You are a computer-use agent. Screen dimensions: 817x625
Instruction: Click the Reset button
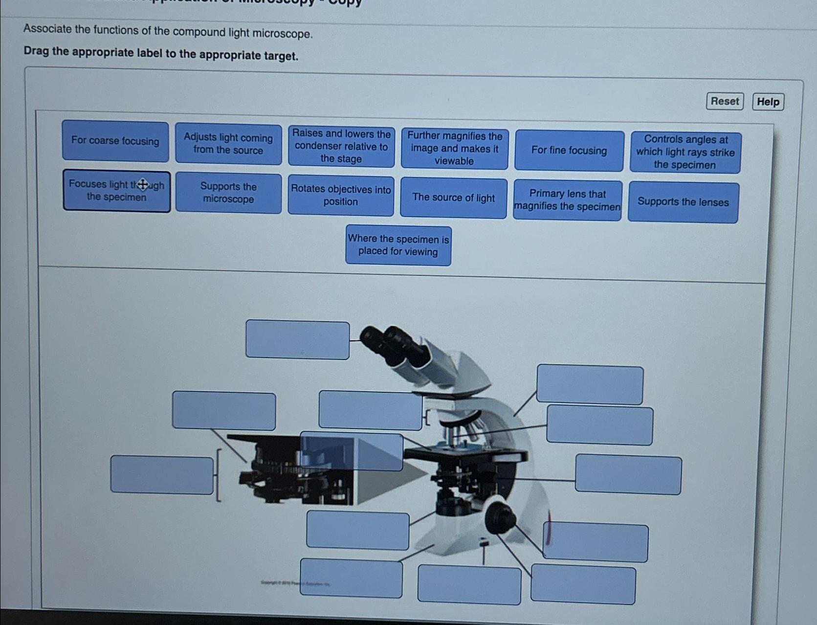[x=725, y=101]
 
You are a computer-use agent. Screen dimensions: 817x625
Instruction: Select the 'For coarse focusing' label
[x=115, y=141]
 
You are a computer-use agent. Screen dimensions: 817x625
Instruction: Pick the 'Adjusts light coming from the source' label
[x=228, y=144]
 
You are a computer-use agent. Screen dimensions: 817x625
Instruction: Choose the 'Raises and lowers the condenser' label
[x=341, y=146]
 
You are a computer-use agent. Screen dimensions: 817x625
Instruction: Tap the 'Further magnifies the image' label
[x=455, y=148]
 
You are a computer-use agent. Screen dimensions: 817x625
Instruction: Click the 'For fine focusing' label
[x=569, y=151]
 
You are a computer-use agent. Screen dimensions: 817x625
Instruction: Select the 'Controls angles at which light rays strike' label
[x=685, y=152]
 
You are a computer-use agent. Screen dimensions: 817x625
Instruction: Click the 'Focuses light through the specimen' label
[x=117, y=191]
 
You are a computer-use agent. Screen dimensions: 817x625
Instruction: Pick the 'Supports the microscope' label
[x=228, y=193]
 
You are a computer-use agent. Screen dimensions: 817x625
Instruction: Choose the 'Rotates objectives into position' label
[x=341, y=196]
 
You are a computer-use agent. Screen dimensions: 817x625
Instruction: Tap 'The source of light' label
[x=453, y=198]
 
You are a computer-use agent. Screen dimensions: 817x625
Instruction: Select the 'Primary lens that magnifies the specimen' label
[x=567, y=201]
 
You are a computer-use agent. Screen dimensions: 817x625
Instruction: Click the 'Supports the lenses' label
[x=683, y=202]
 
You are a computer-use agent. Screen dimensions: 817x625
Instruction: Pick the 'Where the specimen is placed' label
[x=398, y=246]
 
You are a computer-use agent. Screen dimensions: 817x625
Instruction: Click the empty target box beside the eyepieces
[x=297, y=339]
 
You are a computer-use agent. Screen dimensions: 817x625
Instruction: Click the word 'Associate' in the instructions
[x=47, y=29]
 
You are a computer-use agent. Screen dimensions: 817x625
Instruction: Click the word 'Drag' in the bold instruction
[x=36, y=51]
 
